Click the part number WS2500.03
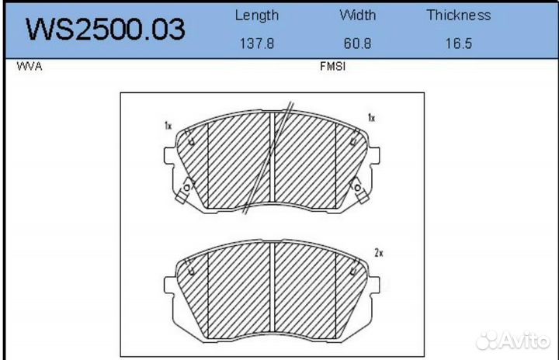[106, 29]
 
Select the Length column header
[256, 15]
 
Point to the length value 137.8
[256, 44]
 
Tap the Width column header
[357, 15]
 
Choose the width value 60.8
[357, 44]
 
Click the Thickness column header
[458, 15]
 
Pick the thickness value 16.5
[458, 44]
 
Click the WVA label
[29, 67]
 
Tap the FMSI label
[332, 67]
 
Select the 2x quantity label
[379, 253]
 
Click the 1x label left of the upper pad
[168, 125]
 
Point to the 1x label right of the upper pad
[371, 118]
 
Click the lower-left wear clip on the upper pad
[186, 189]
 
